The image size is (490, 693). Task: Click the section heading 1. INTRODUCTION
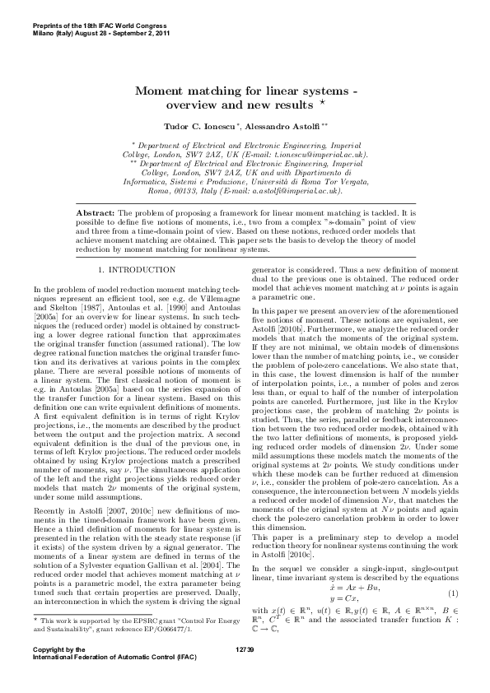point(136,269)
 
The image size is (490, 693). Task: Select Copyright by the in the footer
point(58,672)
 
